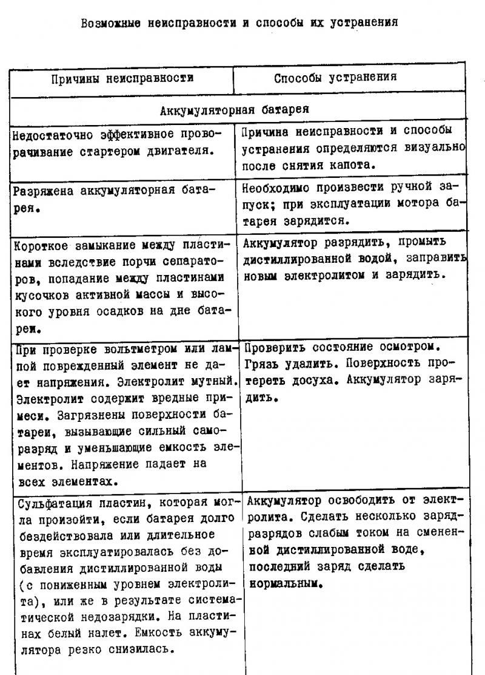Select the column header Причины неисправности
click(122, 78)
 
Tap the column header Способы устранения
click(335, 78)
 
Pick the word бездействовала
click(57, 535)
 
